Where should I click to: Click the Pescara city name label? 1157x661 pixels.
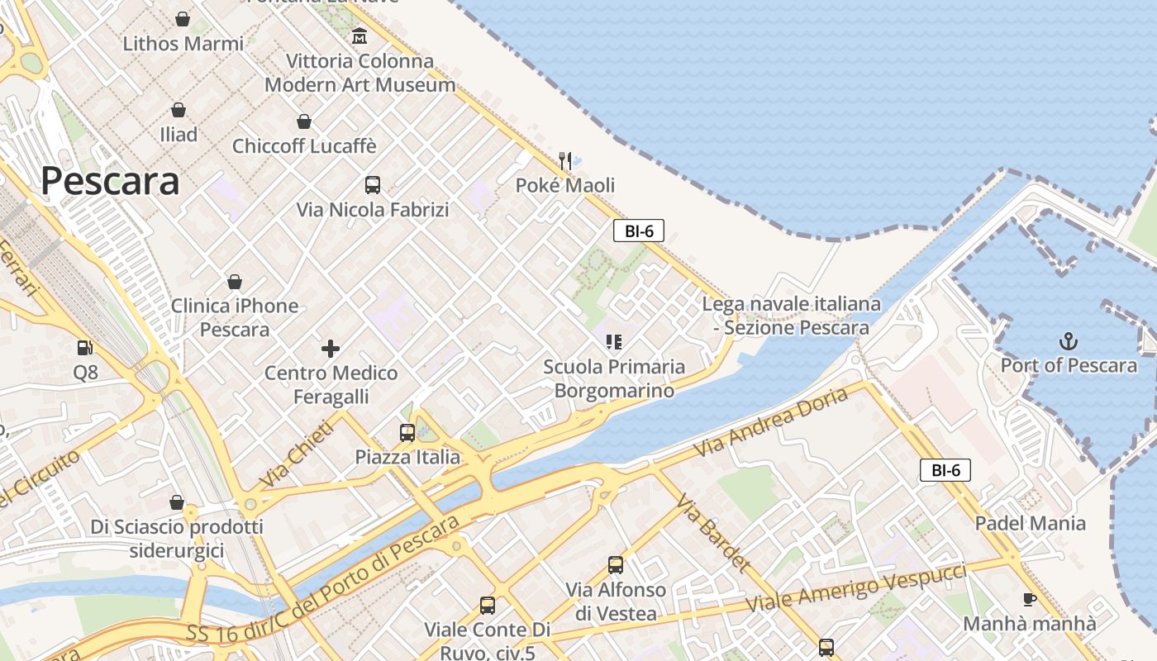110,181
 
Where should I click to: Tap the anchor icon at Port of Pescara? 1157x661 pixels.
1069,340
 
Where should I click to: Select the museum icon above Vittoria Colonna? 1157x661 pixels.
359,36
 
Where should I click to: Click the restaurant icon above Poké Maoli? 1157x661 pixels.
565,160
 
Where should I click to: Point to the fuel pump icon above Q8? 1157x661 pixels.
84,349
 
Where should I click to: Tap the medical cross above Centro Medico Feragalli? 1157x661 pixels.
331,349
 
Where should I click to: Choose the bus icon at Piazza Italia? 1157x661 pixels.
407,432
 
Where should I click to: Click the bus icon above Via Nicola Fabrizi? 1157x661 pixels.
373,185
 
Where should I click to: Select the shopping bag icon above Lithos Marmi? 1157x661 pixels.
183,19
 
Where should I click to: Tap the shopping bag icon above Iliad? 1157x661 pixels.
179,110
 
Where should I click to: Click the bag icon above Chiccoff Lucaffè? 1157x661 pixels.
304,122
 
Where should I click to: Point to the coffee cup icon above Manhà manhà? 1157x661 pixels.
1029,599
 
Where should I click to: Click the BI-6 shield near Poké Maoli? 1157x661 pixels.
639,231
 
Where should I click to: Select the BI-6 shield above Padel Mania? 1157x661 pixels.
945,471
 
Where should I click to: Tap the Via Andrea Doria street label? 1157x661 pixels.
771,422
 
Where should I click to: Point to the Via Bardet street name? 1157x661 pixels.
714,534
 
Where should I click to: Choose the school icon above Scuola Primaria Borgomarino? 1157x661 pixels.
613,341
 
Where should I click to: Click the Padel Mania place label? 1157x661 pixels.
1030,523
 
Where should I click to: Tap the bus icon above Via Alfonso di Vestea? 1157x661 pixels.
616,565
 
